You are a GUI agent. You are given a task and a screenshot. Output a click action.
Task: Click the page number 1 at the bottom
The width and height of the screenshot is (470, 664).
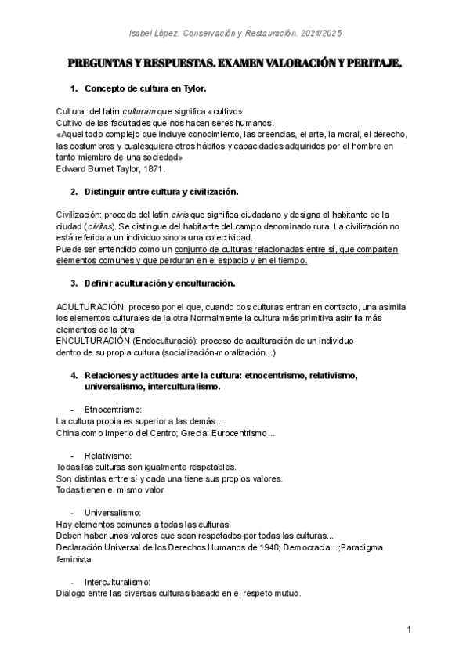(x=410, y=630)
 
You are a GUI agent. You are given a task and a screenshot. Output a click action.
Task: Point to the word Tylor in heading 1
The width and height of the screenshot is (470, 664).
(x=193, y=89)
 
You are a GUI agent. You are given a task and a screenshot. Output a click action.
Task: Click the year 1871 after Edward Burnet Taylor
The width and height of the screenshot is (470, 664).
(x=153, y=168)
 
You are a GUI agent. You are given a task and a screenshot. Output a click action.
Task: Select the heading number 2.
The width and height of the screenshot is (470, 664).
(x=74, y=191)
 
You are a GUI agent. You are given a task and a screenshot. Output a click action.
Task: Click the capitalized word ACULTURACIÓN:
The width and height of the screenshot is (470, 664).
(x=91, y=306)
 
